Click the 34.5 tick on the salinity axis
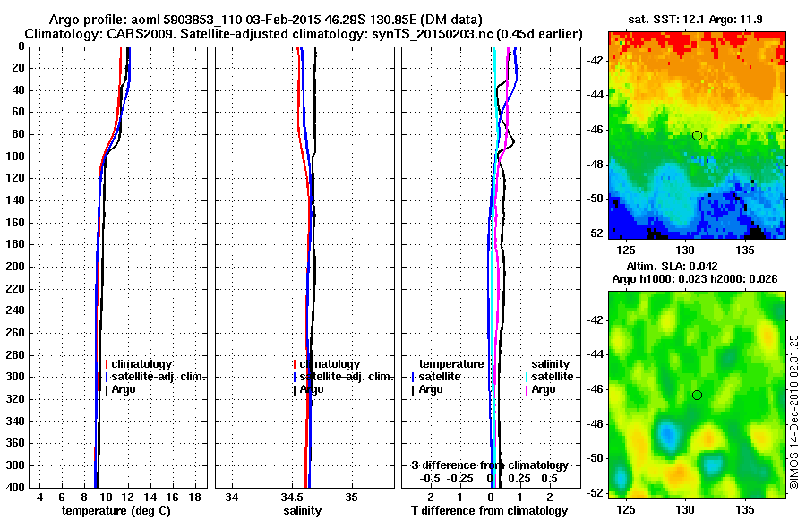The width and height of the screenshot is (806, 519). pos(292,497)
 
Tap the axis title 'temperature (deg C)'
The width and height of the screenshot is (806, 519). pos(116,510)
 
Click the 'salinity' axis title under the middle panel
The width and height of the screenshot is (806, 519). pos(302,510)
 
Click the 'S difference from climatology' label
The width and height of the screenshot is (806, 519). pos(489,465)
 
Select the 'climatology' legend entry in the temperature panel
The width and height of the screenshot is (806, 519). pos(141,364)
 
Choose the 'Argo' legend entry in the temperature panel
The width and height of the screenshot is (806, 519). pos(125,389)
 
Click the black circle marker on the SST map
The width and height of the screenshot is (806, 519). pos(697,136)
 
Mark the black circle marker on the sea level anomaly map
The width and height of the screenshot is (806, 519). pos(697,395)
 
